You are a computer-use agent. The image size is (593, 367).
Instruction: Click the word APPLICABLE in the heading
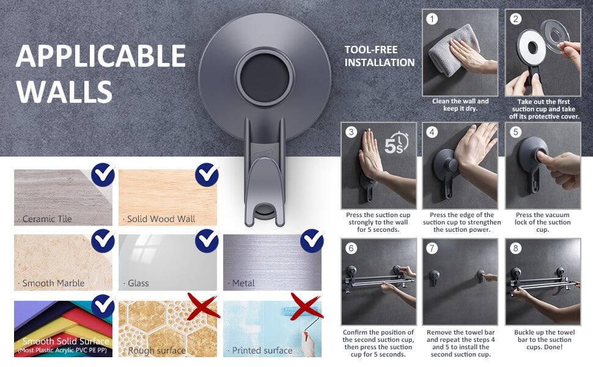[x=101, y=56]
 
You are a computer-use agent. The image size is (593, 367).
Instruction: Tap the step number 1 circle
[x=432, y=19]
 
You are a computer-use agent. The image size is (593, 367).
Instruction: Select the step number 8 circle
[x=515, y=248]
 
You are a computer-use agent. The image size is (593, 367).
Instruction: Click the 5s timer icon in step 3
[x=397, y=143]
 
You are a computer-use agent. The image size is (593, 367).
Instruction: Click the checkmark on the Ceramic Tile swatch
[x=103, y=174]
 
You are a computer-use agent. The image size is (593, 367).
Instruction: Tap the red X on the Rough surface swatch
[x=203, y=306]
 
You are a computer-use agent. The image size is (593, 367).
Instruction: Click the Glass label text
[x=138, y=283]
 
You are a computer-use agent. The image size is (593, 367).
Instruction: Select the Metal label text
[x=243, y=283]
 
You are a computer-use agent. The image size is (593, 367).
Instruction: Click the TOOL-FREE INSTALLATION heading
[x=379, y=56]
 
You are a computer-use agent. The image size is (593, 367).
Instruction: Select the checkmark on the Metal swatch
[x=312, y=240]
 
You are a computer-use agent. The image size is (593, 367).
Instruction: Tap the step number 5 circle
[x=515, y=132]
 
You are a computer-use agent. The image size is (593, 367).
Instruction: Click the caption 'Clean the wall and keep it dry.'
[x=460, y=105]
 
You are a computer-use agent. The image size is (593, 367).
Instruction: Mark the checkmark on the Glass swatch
[x=207, y=240]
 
